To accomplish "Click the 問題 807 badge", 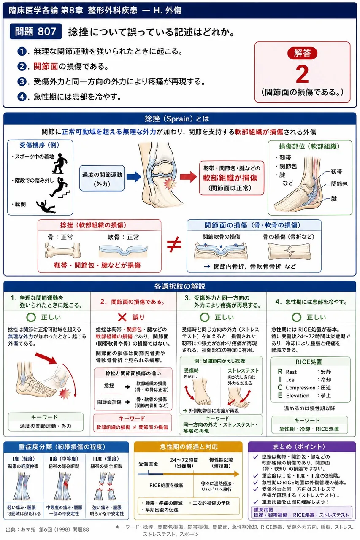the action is tap(36, 31).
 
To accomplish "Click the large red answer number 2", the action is tap(302, 74).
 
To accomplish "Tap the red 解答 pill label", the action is tap(302, 53).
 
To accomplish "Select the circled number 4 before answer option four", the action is tap(22, 97).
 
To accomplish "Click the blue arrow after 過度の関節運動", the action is tap(134, 177).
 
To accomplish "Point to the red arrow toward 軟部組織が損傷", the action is tap(188, 177).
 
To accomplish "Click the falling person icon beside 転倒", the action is tap(46, 207).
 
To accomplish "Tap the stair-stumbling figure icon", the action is tap(60, 187).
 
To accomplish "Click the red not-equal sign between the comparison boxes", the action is tap(174, 244).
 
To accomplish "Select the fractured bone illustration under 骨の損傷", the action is tap(289, 251).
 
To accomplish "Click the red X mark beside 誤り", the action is tap(122, 318).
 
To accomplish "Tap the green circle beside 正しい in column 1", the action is tap(31, 318).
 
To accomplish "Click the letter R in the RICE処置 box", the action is tap(280, 372).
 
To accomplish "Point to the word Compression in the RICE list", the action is tap(300, 388).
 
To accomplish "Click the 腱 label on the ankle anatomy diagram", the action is tap(334, 199).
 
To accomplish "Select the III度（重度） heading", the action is tap(106, 459).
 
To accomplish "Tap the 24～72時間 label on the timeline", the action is tap(184, 460).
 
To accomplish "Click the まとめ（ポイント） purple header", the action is tap(302, 447).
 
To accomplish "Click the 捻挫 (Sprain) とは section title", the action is tap(177, 119).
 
